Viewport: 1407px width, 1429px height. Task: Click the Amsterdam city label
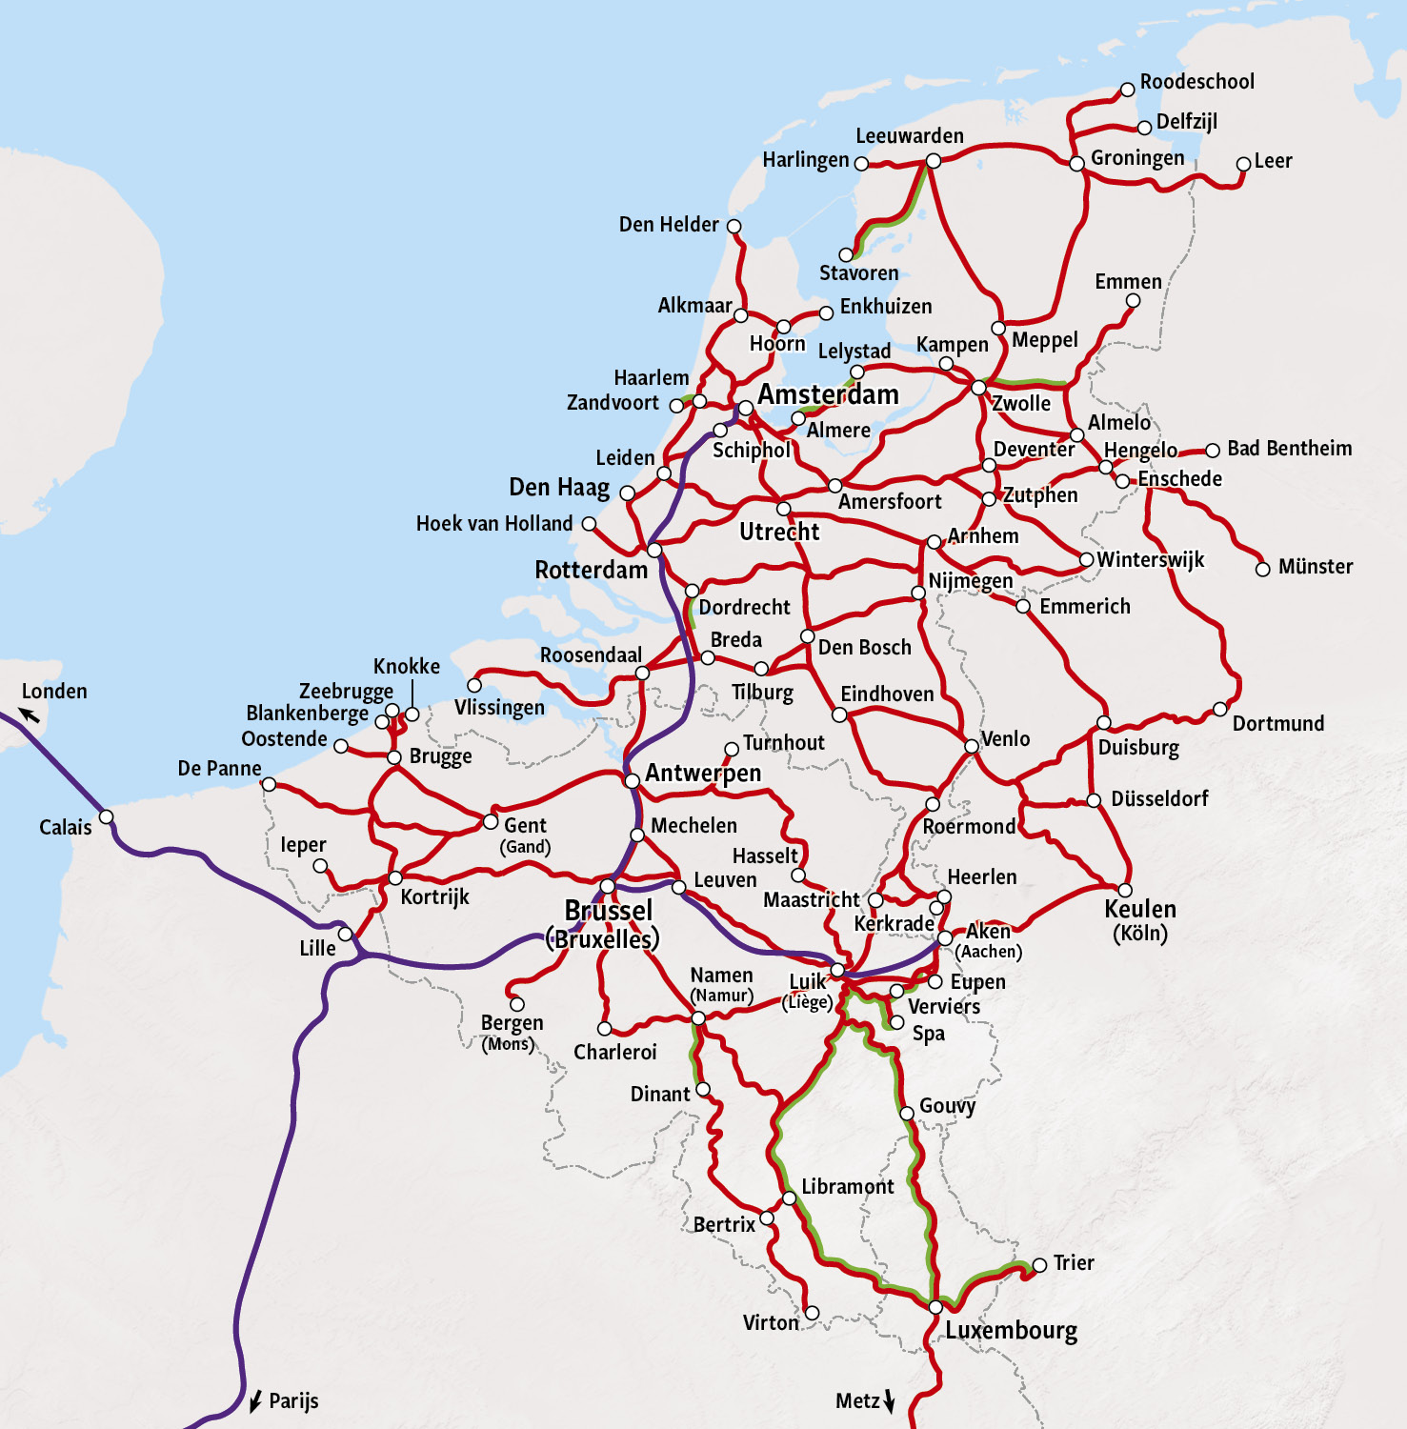[x=828, y=394]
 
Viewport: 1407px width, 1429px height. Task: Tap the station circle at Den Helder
[x=734, y=226]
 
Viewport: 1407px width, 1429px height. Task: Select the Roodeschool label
[x=1196, y=82]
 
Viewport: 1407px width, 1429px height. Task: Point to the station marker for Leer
[x=1242, y=164]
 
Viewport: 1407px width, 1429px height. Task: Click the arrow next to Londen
[x=30, y=714]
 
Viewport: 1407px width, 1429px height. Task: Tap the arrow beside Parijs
[x=254, y=1401]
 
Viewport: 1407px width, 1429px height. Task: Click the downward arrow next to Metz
[x=890, y=1400]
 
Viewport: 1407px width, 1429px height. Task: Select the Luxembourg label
[x=1011, y=1330]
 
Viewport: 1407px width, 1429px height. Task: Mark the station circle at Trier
[x=1039, y=1265]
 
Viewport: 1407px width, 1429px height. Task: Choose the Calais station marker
[x=107, y=816]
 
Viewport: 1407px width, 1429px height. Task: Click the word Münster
[x=1315, y=567]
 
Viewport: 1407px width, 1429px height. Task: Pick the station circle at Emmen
[x=1133, y=301]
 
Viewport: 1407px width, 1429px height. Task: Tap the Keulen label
[x=1139, y=909]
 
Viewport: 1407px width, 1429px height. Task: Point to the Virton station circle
[x=812, y=1313]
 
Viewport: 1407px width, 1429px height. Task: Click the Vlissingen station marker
[x=474, y=685]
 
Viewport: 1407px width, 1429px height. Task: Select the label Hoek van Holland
[x=493, y=524]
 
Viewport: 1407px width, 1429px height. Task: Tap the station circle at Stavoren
[x=846, y=254]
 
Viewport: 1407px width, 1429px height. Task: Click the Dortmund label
[x=1277, y=724]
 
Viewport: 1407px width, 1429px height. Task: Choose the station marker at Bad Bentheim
[x=1213, y=451]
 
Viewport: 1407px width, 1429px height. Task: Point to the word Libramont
[x=847, y=1187]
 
